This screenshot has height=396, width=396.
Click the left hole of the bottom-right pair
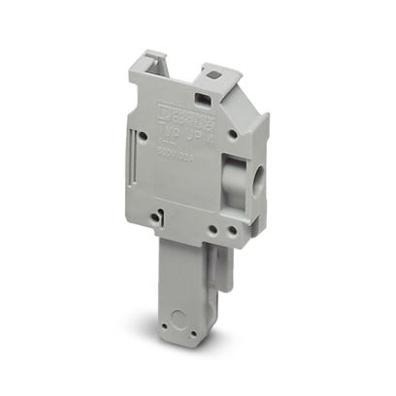click(212, 231)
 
